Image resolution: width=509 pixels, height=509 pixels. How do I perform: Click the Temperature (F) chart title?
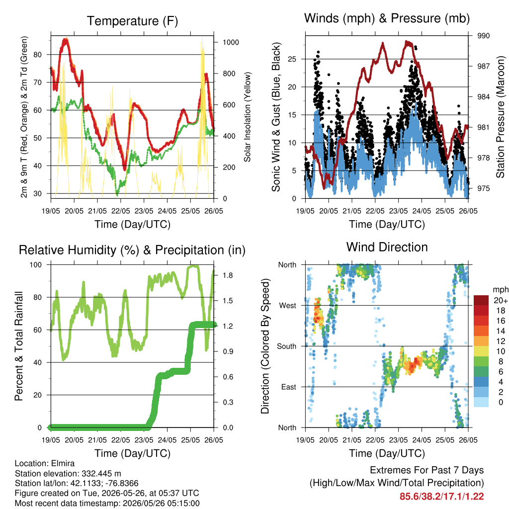point(132,21)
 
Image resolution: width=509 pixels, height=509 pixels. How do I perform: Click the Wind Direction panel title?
point(387,247)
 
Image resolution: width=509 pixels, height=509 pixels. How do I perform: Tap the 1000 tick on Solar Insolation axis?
point(231,42)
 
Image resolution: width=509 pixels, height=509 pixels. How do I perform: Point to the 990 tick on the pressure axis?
point(483,36)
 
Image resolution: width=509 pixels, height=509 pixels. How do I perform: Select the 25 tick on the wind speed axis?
point(292,59)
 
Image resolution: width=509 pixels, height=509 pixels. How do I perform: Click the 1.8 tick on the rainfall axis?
point(228,275)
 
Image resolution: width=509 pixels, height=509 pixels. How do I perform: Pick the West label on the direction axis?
point(288,306)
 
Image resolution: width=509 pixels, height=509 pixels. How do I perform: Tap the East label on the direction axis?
point(289,387)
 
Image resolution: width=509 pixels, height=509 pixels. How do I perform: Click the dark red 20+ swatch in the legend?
point(481,300)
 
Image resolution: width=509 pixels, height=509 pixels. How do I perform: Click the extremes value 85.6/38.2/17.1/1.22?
point(441,497)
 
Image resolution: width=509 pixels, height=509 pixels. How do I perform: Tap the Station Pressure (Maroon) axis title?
point(500,117)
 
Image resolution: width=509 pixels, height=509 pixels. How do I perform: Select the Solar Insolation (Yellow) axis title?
point(248,117)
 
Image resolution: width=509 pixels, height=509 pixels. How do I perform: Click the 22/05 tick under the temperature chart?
point(121,211)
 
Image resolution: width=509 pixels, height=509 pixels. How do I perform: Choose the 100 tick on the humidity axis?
point(36,264)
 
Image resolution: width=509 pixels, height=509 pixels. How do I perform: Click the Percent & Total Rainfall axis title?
point(19,346)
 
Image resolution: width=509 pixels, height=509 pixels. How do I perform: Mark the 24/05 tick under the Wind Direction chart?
point(422,440)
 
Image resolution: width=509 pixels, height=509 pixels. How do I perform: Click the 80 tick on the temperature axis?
point(38,55)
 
